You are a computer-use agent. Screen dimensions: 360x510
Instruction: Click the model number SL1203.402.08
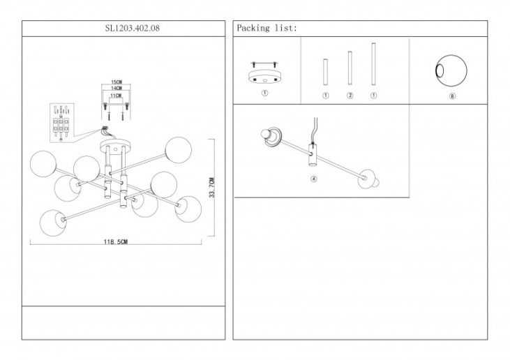click(x=123, y=29)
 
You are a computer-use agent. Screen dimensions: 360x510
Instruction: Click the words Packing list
click(x=267, y=29)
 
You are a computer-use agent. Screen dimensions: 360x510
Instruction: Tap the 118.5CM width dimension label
click(x=115, y=242)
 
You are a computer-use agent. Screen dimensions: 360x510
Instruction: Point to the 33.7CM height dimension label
click(x=212, y=188)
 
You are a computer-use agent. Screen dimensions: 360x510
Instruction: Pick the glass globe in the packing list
click(x=450, y=72)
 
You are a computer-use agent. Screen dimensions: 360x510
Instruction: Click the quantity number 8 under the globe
click(x=452, y=96)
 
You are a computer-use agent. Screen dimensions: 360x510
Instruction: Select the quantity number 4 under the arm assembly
click(x=314, y=179)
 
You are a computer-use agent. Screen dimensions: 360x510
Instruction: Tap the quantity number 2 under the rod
click(x=350, y=95)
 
